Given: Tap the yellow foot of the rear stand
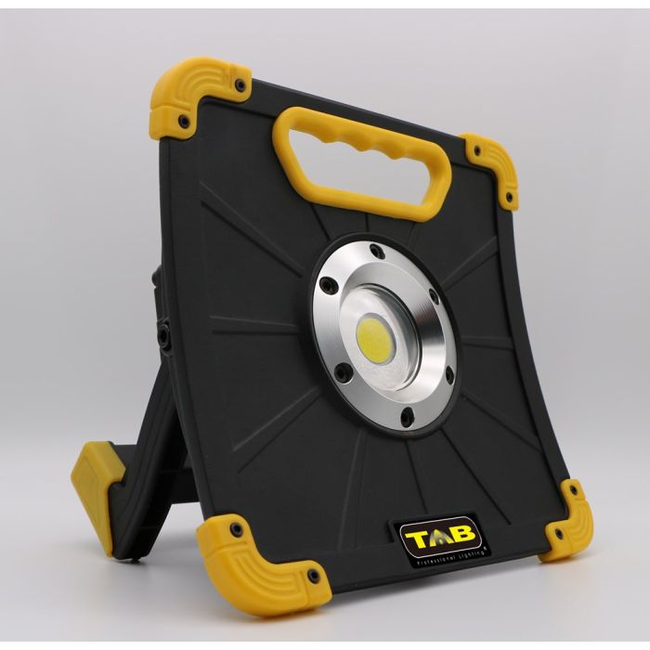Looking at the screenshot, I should [93, 483].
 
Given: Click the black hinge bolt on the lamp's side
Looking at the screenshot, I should [164, 335].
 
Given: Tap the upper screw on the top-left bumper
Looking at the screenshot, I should [240, 85].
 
